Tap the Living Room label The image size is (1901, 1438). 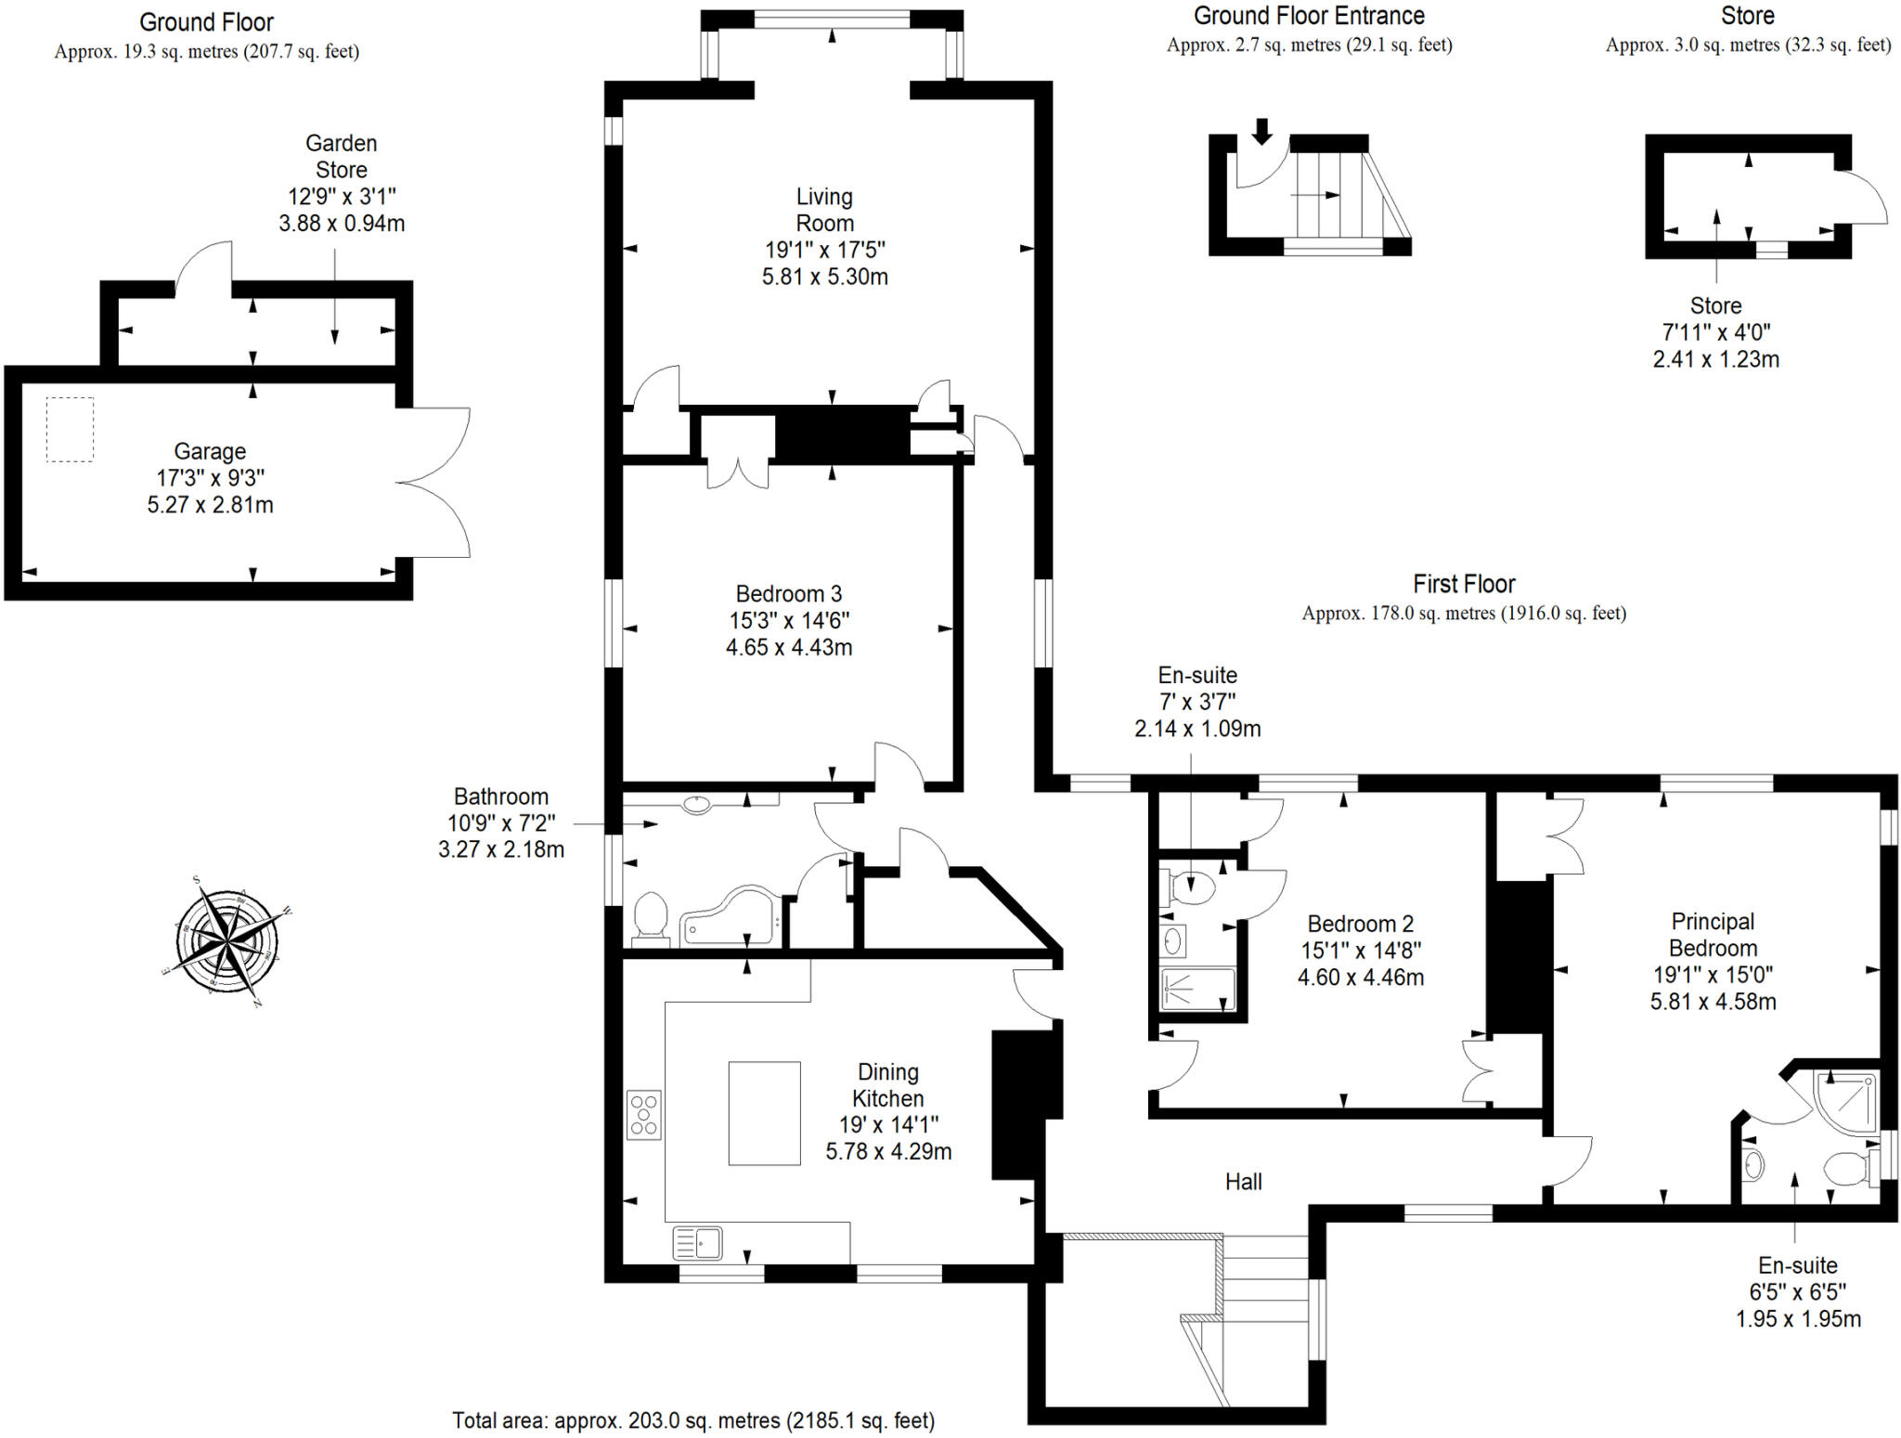click(x=824, y=210)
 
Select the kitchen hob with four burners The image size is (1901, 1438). click(x=644, y=1114)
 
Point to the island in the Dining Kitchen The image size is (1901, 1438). click(x=764, y=1113)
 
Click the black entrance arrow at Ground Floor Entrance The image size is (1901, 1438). click(x=1261, y=131)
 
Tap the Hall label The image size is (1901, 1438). click(x=1243, y=1181)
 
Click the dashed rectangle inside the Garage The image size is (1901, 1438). click(x=70, y=429)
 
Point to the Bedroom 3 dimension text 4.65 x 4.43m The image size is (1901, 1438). click(x=789, y=647)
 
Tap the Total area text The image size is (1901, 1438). click(x=692, y=1420)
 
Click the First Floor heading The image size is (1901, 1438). click(x=1464, y=584)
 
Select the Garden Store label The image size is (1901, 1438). click(x=342, y=156)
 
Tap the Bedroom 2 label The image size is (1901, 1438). click(x=1360, y=924)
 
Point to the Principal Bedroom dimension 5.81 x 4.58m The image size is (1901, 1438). click(x=1713, y=1002)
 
